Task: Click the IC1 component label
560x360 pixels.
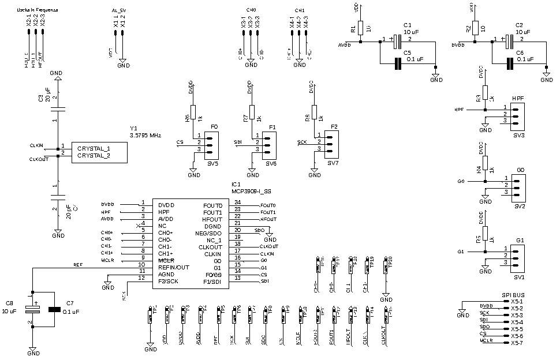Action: [236, 183]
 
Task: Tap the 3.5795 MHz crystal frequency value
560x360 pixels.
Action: [145, 135]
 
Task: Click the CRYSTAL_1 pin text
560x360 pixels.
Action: [94, 149]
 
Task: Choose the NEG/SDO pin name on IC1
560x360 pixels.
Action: [208, 233]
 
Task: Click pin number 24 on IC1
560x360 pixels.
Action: [237, 202]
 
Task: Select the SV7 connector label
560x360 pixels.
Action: [333, 164]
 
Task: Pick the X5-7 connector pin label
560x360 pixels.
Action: [517, 343]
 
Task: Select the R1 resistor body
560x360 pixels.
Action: [361, 28]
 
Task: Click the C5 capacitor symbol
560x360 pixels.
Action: [397, 63]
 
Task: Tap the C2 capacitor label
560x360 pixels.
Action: [519, 25]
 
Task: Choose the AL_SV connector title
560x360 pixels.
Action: [118, 11]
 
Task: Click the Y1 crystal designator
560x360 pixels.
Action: [133, 128]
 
